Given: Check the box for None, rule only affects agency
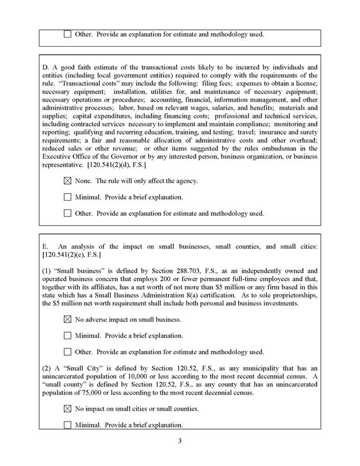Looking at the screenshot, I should [x=67, y=181].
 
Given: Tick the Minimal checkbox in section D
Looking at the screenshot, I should [x=67, y=197].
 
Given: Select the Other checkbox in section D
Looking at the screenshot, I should [x=67, y=213].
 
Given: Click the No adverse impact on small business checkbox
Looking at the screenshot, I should [x=67, y=320].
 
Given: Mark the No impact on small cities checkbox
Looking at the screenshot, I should [x=67, y=409].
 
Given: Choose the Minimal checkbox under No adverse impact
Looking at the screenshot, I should [x=67, y=336].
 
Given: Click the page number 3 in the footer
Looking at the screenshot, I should [x=179, y=442].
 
